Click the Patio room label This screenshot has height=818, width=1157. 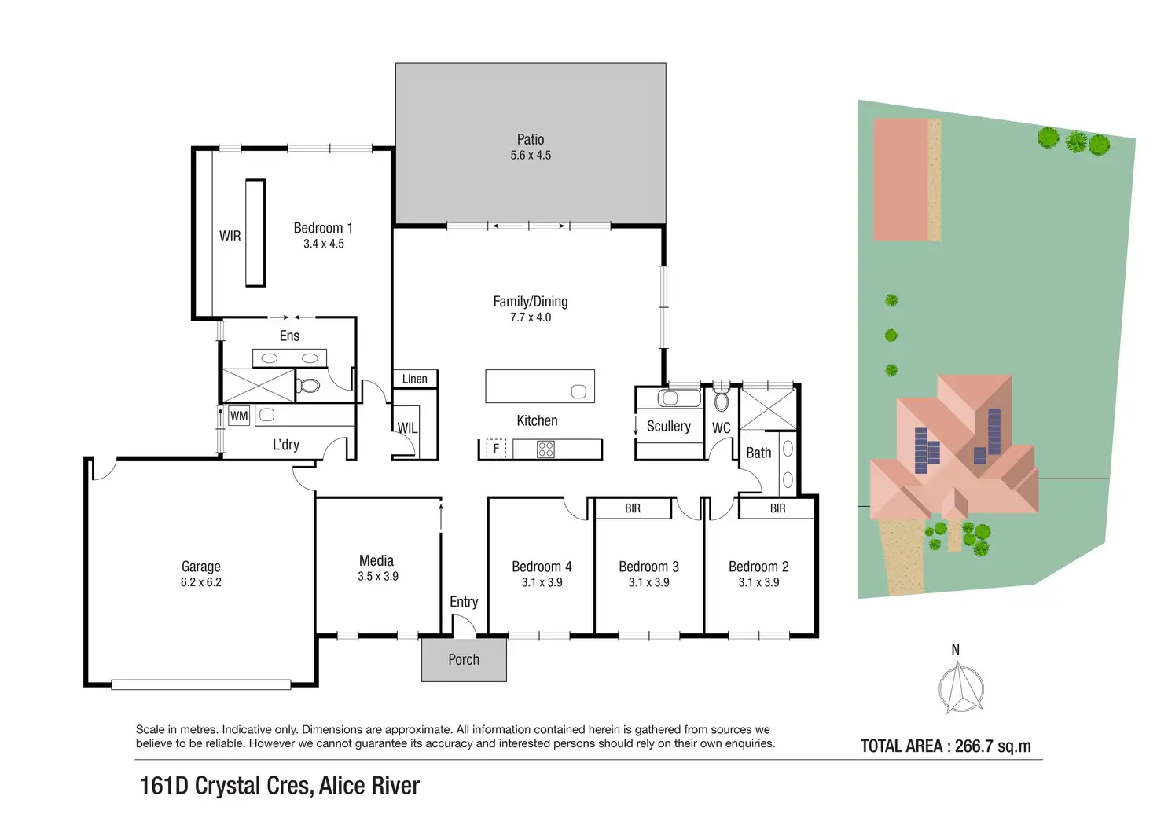(x=531, y=139)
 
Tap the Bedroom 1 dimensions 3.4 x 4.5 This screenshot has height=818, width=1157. (x=324, y=244)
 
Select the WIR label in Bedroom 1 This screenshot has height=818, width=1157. (x=230, y=236)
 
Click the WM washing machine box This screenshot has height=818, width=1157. (x=239, y=416)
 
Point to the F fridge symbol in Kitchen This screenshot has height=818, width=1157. (x=496, y=449)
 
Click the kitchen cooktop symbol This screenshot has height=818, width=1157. (x=545, y=449)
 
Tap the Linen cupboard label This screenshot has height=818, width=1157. (x=415, y=379)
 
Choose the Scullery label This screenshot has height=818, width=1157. (x=669, y=426)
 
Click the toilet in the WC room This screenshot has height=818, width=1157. (x=722, y=401)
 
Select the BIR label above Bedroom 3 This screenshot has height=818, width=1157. (x=633, y=508)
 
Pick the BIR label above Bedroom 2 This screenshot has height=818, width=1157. (x=778, y=508)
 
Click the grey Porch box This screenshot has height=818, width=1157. (x=464, y=659)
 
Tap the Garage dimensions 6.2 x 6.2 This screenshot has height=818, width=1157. (x=201, y=582)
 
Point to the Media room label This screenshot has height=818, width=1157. (x=376, y=560)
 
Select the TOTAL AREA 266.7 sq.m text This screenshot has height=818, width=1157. (x=946, y=746)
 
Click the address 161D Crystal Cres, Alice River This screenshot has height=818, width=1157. (x=280, y=786)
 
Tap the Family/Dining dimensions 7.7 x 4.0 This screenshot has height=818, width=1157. (x=531, y=317)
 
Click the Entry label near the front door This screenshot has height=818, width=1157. (x=464, y=601)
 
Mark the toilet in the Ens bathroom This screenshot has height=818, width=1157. (x=309, y=385)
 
